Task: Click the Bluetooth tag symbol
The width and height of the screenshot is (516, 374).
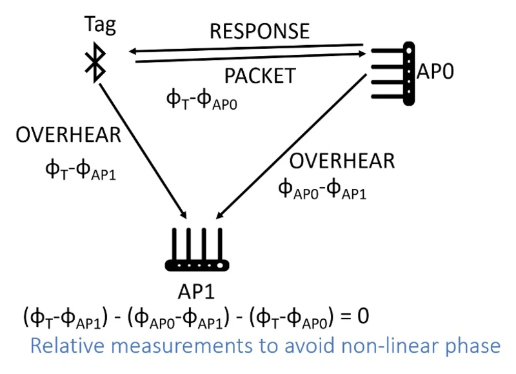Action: [x=96, y=63]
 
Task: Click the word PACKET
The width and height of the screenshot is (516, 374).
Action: [x=259, y=75]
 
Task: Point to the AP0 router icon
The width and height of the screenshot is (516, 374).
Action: [x=394, y=72]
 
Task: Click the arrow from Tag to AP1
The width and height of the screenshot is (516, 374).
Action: [x=142, y=148]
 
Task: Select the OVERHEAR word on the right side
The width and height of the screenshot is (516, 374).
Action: [x=341, y=161]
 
